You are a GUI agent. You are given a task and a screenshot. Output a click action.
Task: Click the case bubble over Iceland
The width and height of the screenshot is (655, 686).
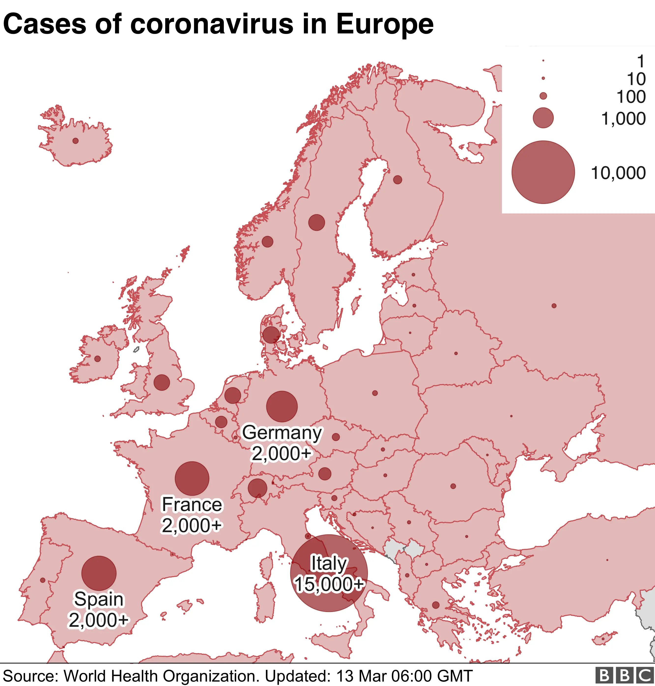(x=75, y=141)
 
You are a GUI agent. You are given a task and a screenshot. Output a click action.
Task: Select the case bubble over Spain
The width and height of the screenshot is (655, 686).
(x=99, y=573)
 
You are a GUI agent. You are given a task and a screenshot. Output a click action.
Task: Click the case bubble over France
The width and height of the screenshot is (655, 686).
(x=192, y=479)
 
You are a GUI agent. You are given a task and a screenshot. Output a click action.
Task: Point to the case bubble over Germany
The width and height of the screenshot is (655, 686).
(x=282, y=406)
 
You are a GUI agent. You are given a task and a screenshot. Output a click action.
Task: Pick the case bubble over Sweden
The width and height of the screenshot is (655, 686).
(x=316, y=222)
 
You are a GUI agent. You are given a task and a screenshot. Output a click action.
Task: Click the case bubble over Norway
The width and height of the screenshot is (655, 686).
(x=268, y=241)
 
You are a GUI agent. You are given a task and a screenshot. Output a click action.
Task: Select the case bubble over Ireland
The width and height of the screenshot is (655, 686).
(x=97, y=359)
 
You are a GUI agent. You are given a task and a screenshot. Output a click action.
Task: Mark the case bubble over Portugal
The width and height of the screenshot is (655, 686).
(x=43, y=580)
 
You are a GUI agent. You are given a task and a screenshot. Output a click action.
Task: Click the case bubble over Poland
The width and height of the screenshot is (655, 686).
(x=375, y=393)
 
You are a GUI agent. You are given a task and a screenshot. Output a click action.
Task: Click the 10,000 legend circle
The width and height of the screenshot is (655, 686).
(x=543, y=172)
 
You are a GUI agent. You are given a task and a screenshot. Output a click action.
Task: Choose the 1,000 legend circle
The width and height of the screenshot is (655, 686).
(x=543, y=118)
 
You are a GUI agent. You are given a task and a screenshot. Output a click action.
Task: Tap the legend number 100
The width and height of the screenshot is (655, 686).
(x=631, y=97)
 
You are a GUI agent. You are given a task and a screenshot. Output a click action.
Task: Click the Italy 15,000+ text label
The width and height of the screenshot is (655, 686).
(x=329, y=584)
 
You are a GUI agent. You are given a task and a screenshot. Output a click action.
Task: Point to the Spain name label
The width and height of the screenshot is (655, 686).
(x=99, y=599)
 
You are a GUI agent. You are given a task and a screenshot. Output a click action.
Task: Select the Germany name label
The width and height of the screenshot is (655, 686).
(x=282, y=433)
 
